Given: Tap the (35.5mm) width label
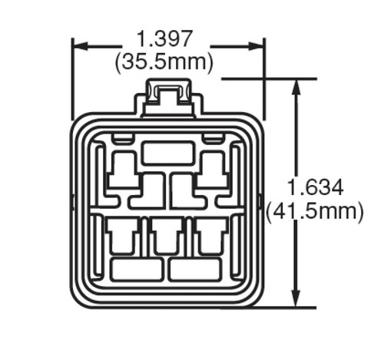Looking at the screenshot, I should tap(164, 61).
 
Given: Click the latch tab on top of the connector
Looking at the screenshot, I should tap(168, 96).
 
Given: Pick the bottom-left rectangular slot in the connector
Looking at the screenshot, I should tap(137, 269).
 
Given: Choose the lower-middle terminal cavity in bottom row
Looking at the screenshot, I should tap(167, 237).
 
